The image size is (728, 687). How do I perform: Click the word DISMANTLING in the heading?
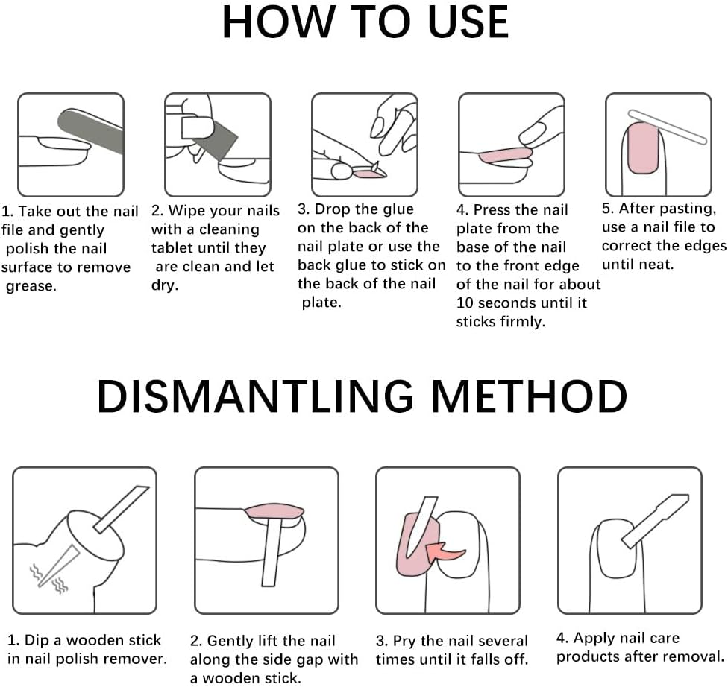[x=255, y=396]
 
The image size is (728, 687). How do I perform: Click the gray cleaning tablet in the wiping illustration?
[x=215, y=138]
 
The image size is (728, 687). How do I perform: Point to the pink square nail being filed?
[x=643, y=148]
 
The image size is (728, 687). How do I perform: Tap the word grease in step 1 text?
[x=31, y=287]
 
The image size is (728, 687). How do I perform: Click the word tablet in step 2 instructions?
[x=173, y=248]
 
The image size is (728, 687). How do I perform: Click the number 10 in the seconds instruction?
[x=465, y=303]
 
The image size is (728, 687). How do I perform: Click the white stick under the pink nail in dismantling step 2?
[x=272, y=552]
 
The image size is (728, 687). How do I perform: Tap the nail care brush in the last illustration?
[x=655, y=521]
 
